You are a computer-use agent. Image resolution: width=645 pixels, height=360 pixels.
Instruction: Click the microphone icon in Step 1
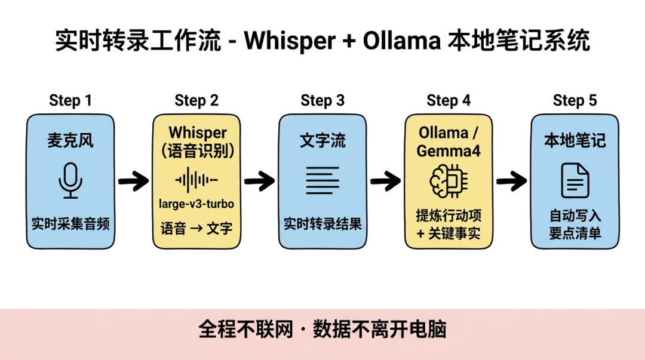pos(70,181)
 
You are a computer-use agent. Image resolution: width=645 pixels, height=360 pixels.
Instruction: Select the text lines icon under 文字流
pos(322,180)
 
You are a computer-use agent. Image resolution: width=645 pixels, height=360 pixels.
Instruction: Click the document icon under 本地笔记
pos(575,181)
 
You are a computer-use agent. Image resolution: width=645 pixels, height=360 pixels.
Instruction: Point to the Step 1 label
pos(70,100)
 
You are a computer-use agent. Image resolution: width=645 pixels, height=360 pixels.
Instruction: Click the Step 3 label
pos(322,100)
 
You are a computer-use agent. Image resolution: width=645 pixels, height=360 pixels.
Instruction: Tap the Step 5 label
pos(575,100)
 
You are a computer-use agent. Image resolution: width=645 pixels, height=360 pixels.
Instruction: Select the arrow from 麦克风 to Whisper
pos(133,180)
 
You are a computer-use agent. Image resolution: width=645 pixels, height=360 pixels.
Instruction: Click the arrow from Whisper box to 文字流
pos(259,180)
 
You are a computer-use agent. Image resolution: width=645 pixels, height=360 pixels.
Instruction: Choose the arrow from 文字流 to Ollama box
pos(385,180)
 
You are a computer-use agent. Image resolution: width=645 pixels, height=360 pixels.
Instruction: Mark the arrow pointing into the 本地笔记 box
pos(511,180)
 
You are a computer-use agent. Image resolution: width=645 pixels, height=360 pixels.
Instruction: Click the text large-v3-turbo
pos(196,204)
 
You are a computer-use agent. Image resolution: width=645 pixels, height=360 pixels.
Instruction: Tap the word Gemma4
pos(449,150)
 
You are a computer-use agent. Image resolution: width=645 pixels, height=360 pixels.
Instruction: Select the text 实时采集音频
pos(70,224)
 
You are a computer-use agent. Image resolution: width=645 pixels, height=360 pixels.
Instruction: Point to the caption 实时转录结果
pos(322,224)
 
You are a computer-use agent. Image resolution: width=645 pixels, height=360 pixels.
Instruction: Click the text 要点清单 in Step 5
pos(575,233)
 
